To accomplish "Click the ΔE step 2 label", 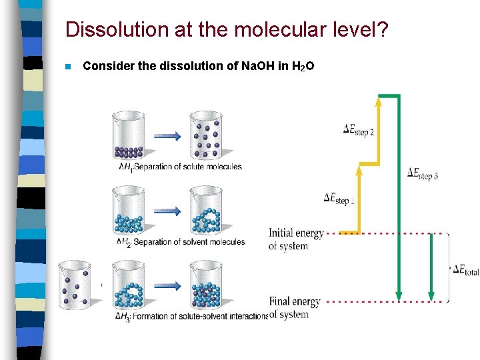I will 358,130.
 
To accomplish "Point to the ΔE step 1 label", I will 339,198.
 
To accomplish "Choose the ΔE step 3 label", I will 423,174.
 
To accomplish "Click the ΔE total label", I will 465,269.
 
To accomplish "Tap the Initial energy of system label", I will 296,239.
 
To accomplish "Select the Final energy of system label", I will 295,308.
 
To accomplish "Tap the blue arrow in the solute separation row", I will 167,136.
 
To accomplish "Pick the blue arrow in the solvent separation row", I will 167,211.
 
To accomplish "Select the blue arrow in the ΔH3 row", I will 167,285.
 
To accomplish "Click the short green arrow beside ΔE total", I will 431,267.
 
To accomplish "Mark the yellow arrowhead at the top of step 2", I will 379,101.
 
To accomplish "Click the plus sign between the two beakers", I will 101,285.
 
